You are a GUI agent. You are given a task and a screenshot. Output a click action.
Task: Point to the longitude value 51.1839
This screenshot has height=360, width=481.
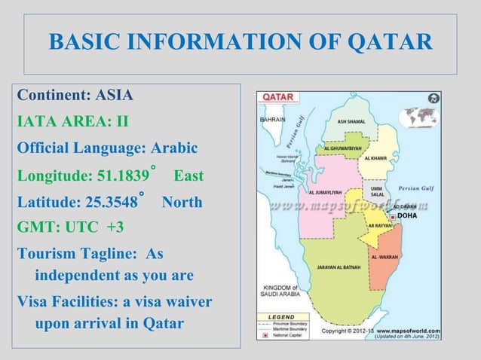click(123, 177)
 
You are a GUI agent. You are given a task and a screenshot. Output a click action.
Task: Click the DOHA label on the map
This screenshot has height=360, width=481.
click(406, 215)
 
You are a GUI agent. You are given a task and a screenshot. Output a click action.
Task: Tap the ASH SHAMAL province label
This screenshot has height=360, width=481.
click(352, 121)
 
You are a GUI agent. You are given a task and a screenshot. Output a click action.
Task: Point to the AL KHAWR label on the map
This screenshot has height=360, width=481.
click(375, 158)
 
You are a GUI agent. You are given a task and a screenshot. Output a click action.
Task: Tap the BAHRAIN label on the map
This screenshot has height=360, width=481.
click(271, 120)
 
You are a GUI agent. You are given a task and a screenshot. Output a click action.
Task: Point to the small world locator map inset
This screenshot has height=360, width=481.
click(418, 117)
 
